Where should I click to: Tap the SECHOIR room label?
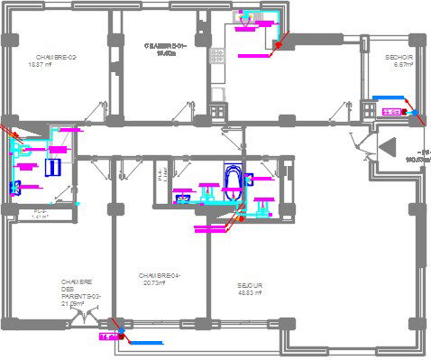(399, 57)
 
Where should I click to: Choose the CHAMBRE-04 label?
(160, 275)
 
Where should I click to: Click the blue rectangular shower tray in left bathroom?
(52, 167)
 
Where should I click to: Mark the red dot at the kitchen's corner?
(279, 43)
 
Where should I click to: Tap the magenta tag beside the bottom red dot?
(108, 337)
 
